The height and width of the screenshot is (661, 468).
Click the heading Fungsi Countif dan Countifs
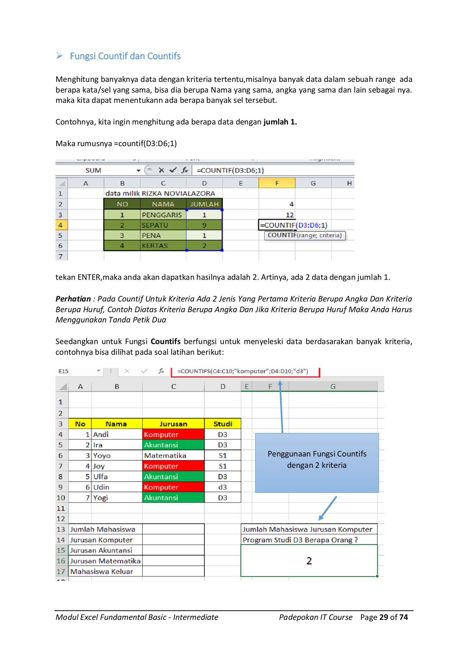coord(125,56)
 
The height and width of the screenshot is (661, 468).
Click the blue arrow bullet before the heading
coord(60,56)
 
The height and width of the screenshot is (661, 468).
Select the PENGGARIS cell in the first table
coord(162,215)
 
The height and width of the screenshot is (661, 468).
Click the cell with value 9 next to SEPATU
coord(204,225)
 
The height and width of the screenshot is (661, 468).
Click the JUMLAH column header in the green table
coord(204,204)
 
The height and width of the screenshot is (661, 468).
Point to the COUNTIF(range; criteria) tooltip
coord(305,235)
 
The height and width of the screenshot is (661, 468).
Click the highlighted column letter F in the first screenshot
coord(277,183)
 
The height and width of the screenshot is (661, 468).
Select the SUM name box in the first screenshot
coord(93,170)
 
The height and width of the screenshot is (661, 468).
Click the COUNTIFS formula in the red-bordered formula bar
coord(243,371)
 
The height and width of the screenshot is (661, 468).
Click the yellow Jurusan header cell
coord(173,424)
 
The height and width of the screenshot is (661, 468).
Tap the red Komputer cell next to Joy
coord(173,466)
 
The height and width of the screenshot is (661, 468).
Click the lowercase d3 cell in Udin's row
coord(222,487)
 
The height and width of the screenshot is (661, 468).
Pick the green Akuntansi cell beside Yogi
coord(173,498)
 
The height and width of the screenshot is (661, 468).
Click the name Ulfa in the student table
coord(100,477)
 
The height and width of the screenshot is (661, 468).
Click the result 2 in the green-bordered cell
coord(309,561)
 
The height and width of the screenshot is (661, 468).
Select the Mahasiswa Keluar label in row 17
coord(102,572)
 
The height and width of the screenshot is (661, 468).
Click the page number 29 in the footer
coord(384,617)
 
